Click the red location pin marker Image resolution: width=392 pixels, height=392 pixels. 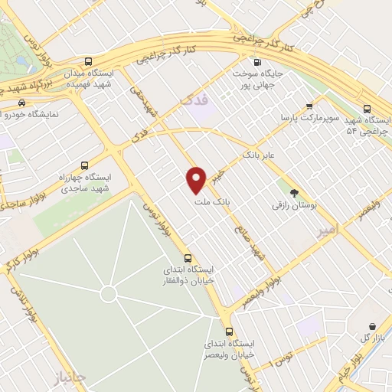point(197,179)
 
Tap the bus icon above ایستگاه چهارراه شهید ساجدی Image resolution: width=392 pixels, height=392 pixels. point(84,164)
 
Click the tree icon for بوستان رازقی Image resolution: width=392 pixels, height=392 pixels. point(295,192)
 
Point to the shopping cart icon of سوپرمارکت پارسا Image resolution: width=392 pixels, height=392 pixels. point(309,106)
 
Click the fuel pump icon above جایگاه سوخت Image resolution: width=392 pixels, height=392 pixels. point(256,63)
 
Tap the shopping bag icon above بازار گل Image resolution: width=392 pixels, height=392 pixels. point(372,326)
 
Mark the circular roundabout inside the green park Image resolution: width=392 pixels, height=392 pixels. point(109,293)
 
